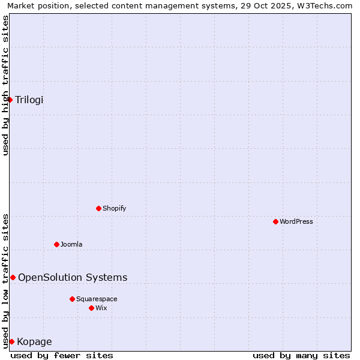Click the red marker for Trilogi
(x=10, y=100)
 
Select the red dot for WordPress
(x=275, y=221)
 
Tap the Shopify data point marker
(x=98, y=208)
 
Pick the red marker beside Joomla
(x=56, y=244)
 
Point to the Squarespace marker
(x=72, y=299)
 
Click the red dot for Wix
(x=91, y=308)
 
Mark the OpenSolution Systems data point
(x=13, y=277)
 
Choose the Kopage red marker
(x=11, y=341)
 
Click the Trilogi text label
(x=29, y=100)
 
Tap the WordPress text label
(x=296, y=221)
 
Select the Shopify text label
(x=115, y=208)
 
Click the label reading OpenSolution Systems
(x=73, y=277)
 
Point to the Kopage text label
(x=34, y=342)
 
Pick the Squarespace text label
(x=97, y=299)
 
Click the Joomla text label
(x=71, y=244)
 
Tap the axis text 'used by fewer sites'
(x=62, y=355)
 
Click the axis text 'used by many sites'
(x=301, y=355)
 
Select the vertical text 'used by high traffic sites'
(x=5, y=85)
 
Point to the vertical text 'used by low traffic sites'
(x=5, y=281)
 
